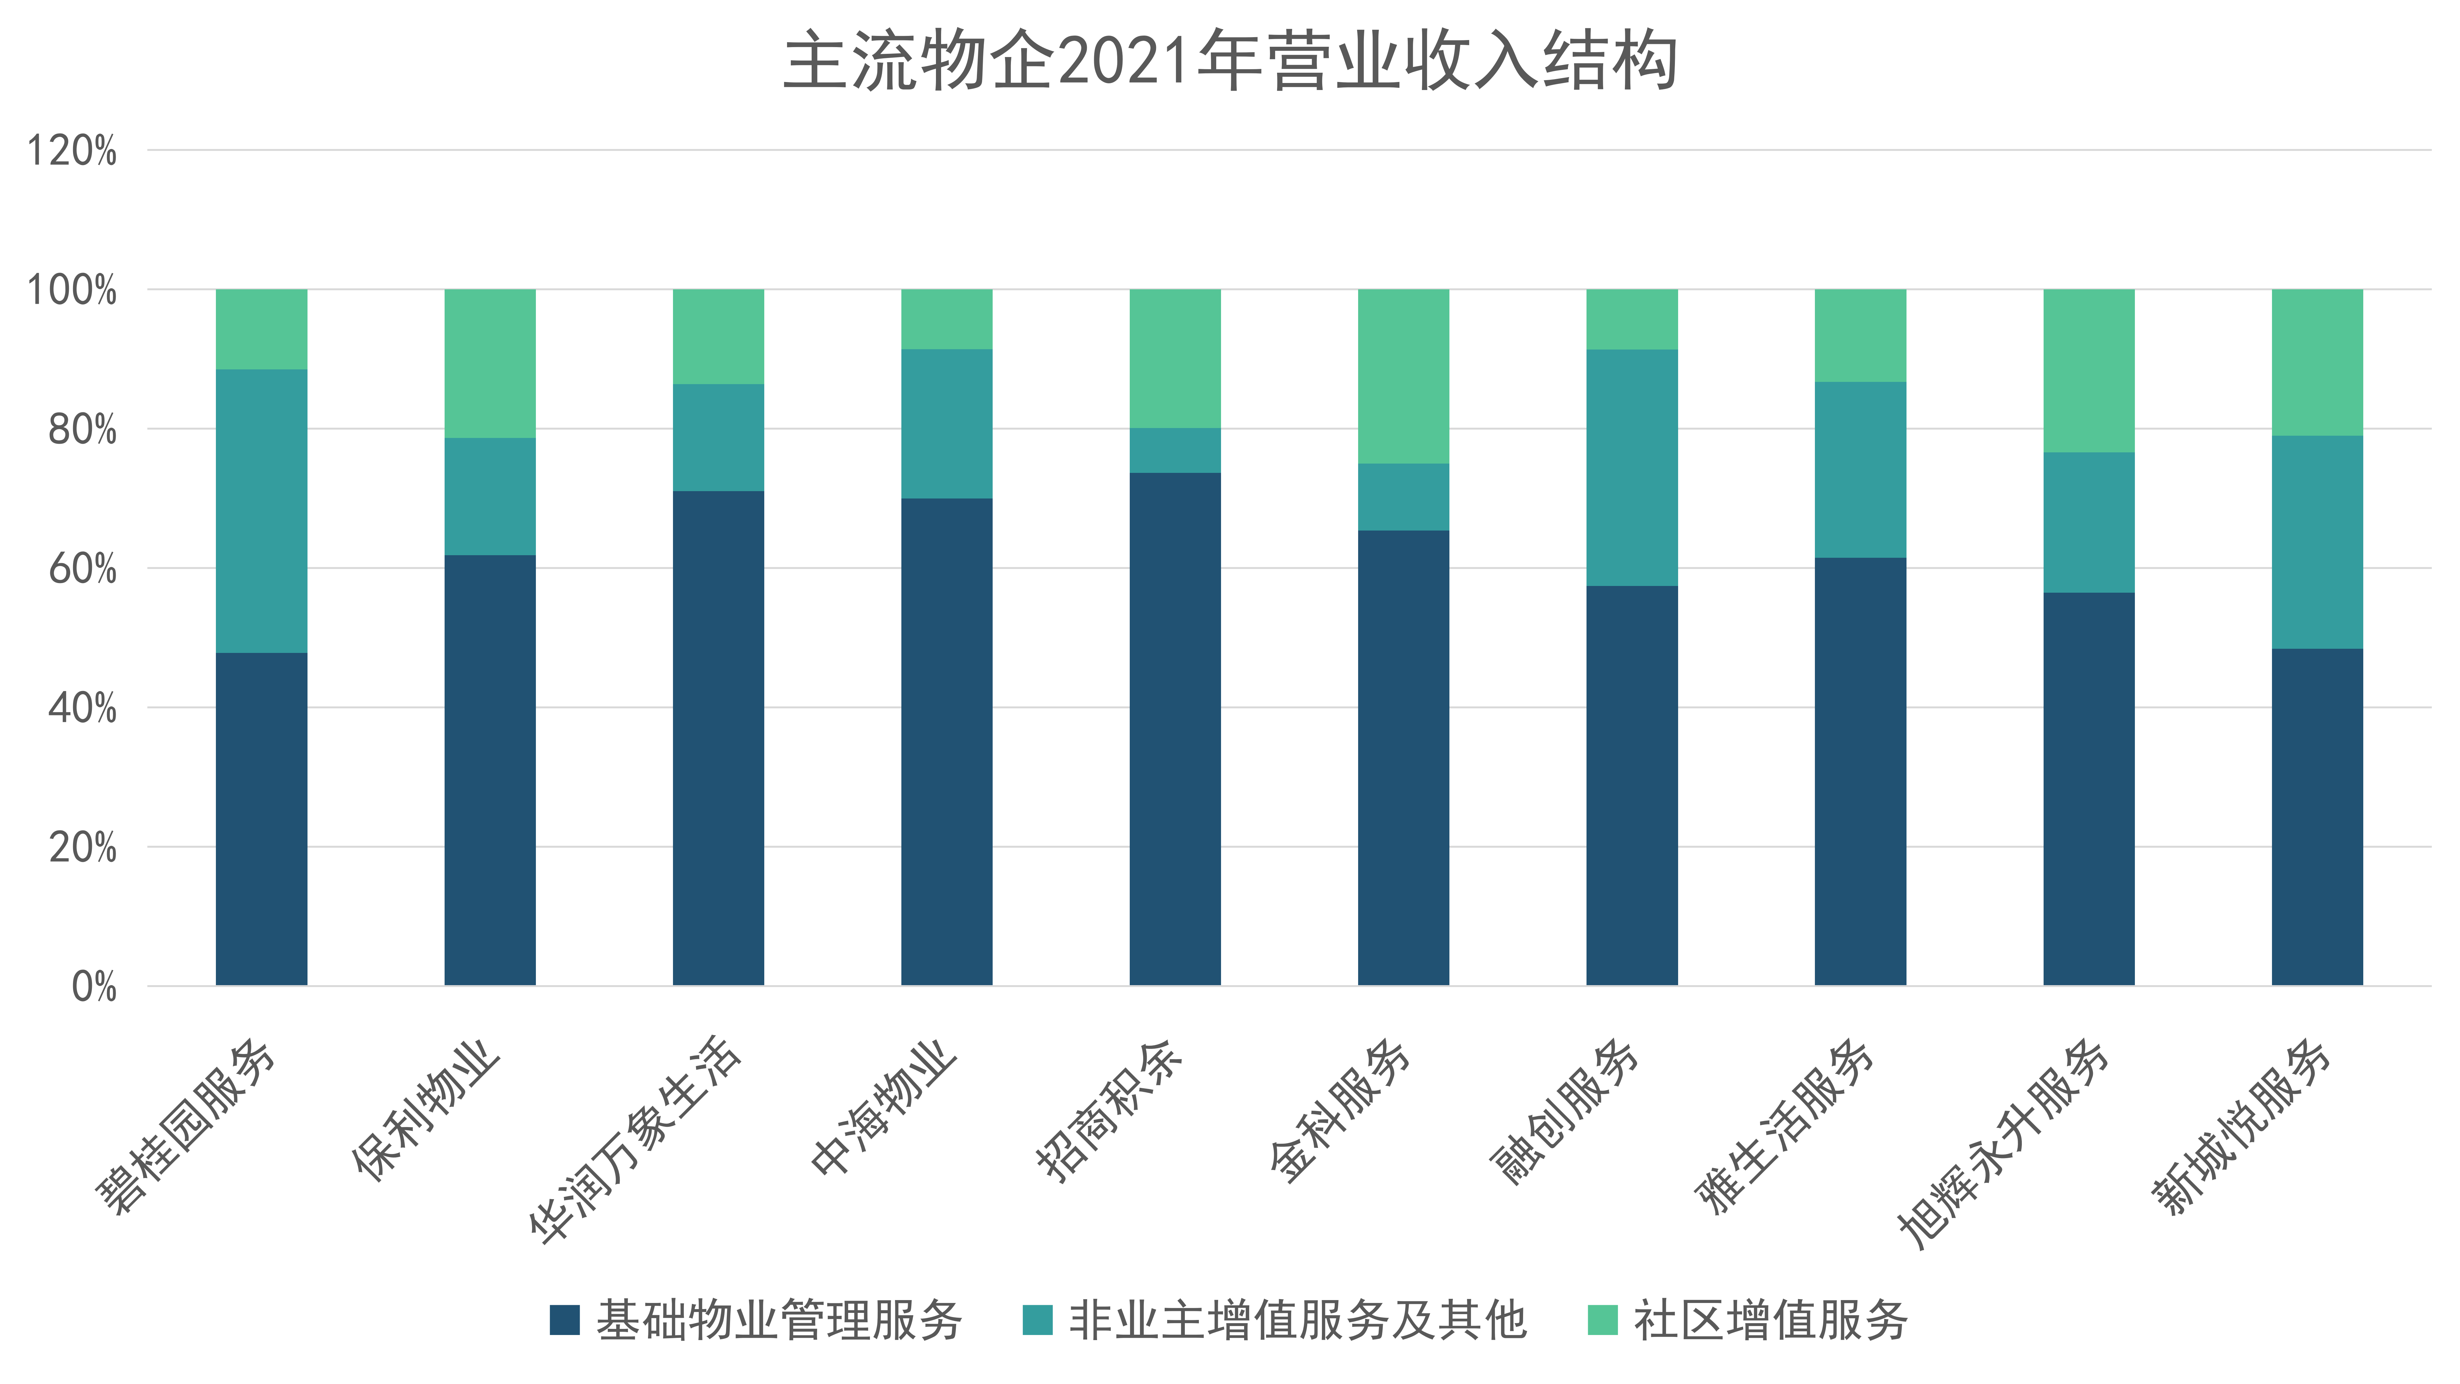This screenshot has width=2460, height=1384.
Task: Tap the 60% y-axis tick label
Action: pyautogui.click(x=82, y=569)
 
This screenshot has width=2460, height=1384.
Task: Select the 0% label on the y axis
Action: pyautogui.click(x=94, y=987)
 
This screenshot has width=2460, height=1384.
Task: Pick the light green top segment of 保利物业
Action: pyautogui.click(x=490, y=363)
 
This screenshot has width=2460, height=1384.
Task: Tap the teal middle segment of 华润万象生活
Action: pyautogui.click(x=718, y=437)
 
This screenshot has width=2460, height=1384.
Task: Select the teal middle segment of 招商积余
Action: pyautogui.click(x=1175, y=450)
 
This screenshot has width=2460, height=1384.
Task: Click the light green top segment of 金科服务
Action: pyautogui.click(x=1403, y=376)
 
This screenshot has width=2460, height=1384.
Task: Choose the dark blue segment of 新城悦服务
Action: pyautogui.click(x=2317, y=817)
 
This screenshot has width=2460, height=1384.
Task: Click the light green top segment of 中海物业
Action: pyautogui.click(x=947, y=319)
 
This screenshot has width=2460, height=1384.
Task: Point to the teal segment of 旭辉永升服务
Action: pyautogui.click(x=2088, y=523)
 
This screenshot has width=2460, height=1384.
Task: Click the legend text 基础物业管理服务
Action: pyautogui.click(x=778, y=1320)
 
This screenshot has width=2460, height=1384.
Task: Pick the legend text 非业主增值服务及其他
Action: pyautogui.click(x=1297, y=1320)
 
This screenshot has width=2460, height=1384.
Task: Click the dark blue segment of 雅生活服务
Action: pyautogui.click(x=1859, y=771)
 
